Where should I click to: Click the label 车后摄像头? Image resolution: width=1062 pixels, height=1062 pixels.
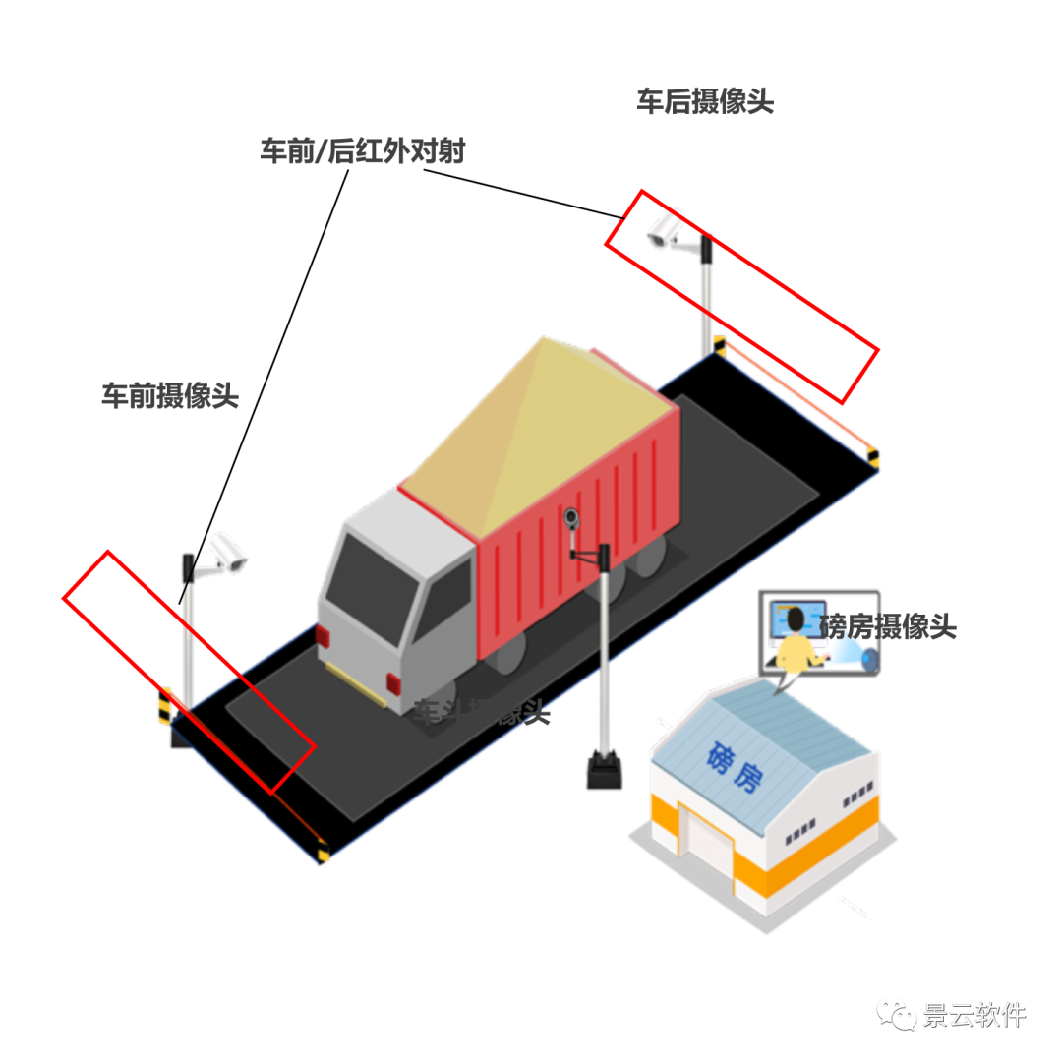click(704, 101)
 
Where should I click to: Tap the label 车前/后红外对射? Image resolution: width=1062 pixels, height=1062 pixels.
click(362, 151)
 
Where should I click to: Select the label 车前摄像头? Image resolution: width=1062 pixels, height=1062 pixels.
click(170, 395)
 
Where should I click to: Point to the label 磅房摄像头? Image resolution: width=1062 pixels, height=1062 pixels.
click(887, 626)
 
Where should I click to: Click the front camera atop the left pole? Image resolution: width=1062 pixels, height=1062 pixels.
click(228, 553)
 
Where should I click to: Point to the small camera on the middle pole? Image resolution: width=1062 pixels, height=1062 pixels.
click(571, 517)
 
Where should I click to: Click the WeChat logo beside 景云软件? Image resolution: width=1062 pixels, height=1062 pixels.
click(896, 1014)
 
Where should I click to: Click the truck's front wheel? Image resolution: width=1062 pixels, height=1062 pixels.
click(507, 654)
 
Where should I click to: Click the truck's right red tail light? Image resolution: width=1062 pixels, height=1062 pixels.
click(393, 682)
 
